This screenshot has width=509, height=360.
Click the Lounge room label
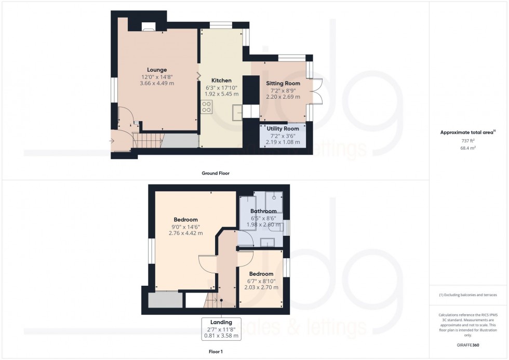coord(156,70)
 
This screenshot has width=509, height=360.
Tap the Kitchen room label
coord(221,81)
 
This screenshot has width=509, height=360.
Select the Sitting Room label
coord(283,83)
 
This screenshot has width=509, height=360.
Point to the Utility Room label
coord(283,128)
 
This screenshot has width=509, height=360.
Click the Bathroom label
coord(263,211)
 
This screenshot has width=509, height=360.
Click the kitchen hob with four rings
coord(207,106)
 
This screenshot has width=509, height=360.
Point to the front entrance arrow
coord(112,140)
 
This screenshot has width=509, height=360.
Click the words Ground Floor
coord(216,173)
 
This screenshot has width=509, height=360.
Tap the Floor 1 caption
coord(216,351)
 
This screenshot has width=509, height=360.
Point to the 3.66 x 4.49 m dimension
coord(156,83)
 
